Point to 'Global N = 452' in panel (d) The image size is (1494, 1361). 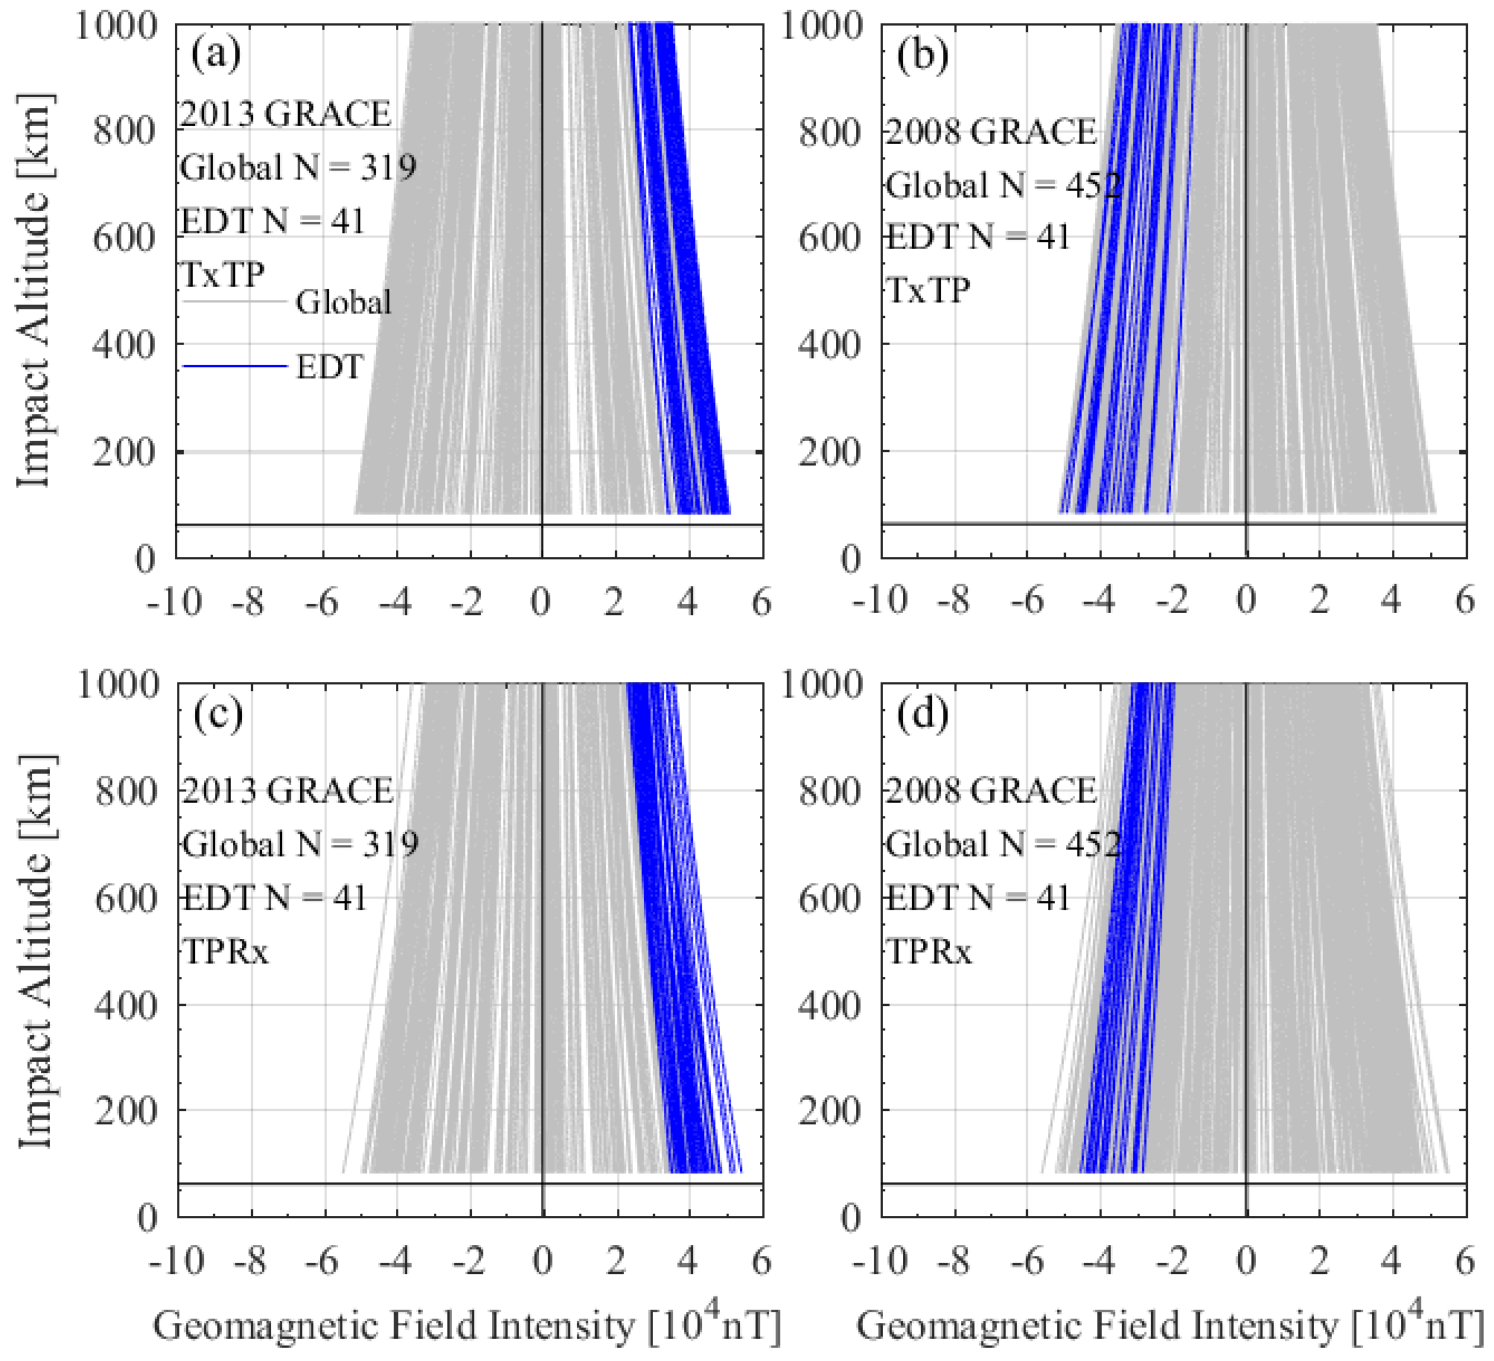1003,844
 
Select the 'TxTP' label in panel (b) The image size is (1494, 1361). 928,289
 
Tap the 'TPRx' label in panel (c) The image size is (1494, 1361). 226,951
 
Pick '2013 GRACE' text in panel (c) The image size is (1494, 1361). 288,790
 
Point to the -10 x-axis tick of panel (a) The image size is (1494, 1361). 175,602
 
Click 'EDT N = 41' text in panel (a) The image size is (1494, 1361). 272,221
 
